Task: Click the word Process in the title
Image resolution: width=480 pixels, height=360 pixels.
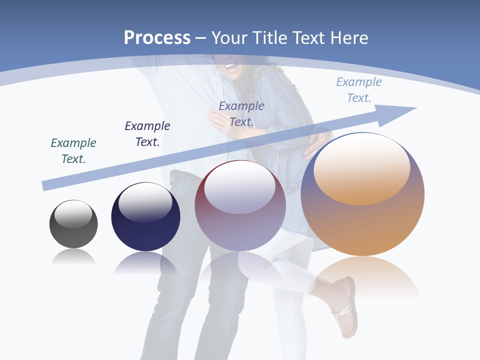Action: click(x=157, y=37)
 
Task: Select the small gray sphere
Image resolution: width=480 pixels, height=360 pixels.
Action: click(x=73, y=224)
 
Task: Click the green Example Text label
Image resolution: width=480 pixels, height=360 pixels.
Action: click(x=73, y=151)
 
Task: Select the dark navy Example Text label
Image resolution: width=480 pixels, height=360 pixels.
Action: click(x=147, y=134)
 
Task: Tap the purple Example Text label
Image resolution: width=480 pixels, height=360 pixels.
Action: click(x=241, y=113)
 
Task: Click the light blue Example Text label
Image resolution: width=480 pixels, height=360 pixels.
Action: click(x=359, y=90)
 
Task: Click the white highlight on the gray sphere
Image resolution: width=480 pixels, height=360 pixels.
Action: click(x=73, y=214)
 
